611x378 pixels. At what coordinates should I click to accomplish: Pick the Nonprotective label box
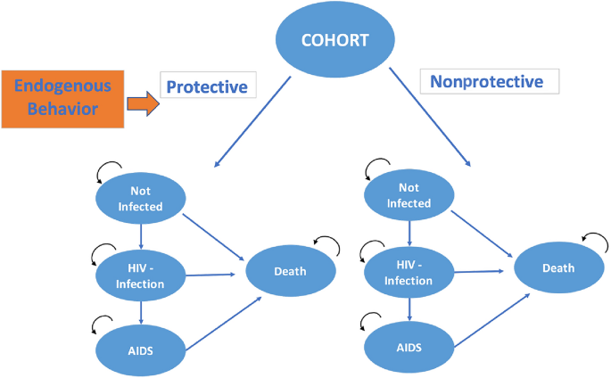(x=489, y=81)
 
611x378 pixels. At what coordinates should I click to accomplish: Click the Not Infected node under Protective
(x=141, y=198)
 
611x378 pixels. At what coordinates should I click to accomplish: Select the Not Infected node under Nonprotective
(x=409, y=195)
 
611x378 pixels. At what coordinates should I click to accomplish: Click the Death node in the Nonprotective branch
(x=557, y=267)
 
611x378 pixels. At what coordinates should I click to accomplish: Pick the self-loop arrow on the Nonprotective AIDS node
(x=372, y=321)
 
